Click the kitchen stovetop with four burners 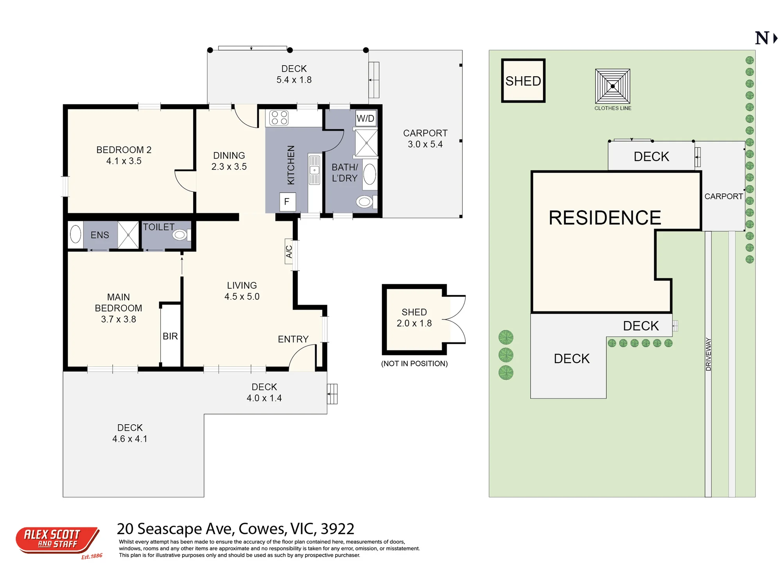(x=279, y=118)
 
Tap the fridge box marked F (x=287, y=202)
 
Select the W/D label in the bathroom (x=366, y=118)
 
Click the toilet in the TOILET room (x=181, y=235)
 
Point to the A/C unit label (x=289, y=252)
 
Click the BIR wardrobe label (x=170, y=336)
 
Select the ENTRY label (x=293, y=339)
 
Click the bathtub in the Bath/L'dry (x=370, y=174)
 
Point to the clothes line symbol (x=613, y=86)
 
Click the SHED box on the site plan (x=523, y=81)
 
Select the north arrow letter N (x=762, y=38)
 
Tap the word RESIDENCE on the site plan (x=604, y=218)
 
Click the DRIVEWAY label (x=708, y=354)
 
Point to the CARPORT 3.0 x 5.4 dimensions (x=425, y=144)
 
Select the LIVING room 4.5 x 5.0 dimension (x=242, y=297)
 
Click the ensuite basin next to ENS (x=75, y=234)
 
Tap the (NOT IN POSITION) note (x=414, y=363)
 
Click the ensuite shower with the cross (x=128, y=235)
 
